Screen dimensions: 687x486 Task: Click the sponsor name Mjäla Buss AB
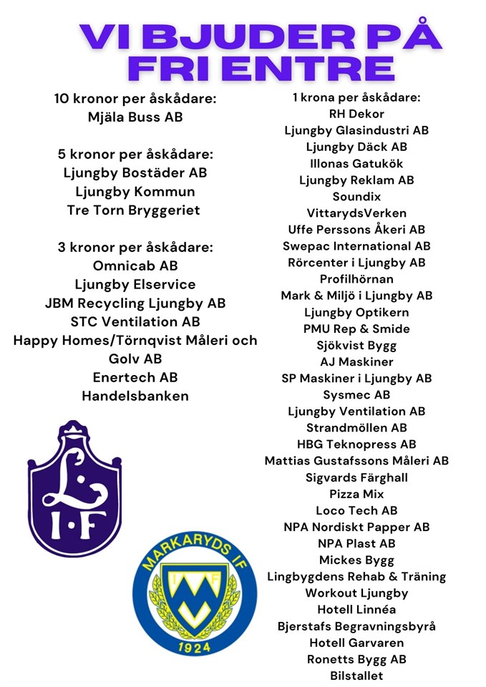(x=135, y=117)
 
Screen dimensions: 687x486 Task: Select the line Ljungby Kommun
(x=135, y=192)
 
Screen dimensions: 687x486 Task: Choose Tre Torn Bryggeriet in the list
(x=133, y=210)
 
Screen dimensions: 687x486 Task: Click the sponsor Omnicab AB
(x=135, y=266)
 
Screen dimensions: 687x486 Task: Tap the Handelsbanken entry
(x=135, y=396)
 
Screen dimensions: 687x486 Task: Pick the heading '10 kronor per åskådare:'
(x=135, y=98)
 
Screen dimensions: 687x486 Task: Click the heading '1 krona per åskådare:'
(x=356, y=97)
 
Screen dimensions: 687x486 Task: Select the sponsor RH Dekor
(x=356, y=114)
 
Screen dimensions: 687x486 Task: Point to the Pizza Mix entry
(x=356, y=494)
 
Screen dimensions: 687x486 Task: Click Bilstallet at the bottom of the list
(x=356, y=676)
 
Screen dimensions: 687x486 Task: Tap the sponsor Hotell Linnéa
(x=356, y=610)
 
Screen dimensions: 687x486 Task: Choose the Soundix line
(x=356, y=196)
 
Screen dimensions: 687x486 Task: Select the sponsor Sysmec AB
(x=356, y=394)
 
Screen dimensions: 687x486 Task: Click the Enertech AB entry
(x=135, y=377)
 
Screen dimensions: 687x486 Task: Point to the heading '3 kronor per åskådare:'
(x=135, y=248)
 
